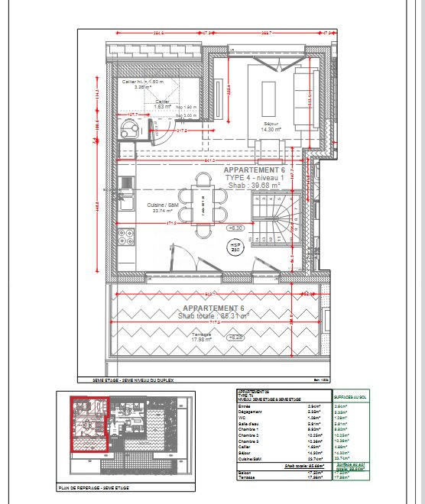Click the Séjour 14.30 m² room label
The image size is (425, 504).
point(269,127)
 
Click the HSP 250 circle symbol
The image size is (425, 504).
point(235,247)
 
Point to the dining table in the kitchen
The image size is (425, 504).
point(204,202)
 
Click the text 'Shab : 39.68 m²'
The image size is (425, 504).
point(255,185)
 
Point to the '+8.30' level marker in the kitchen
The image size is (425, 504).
point(235,228)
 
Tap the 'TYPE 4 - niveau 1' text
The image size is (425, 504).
point(255,177)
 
